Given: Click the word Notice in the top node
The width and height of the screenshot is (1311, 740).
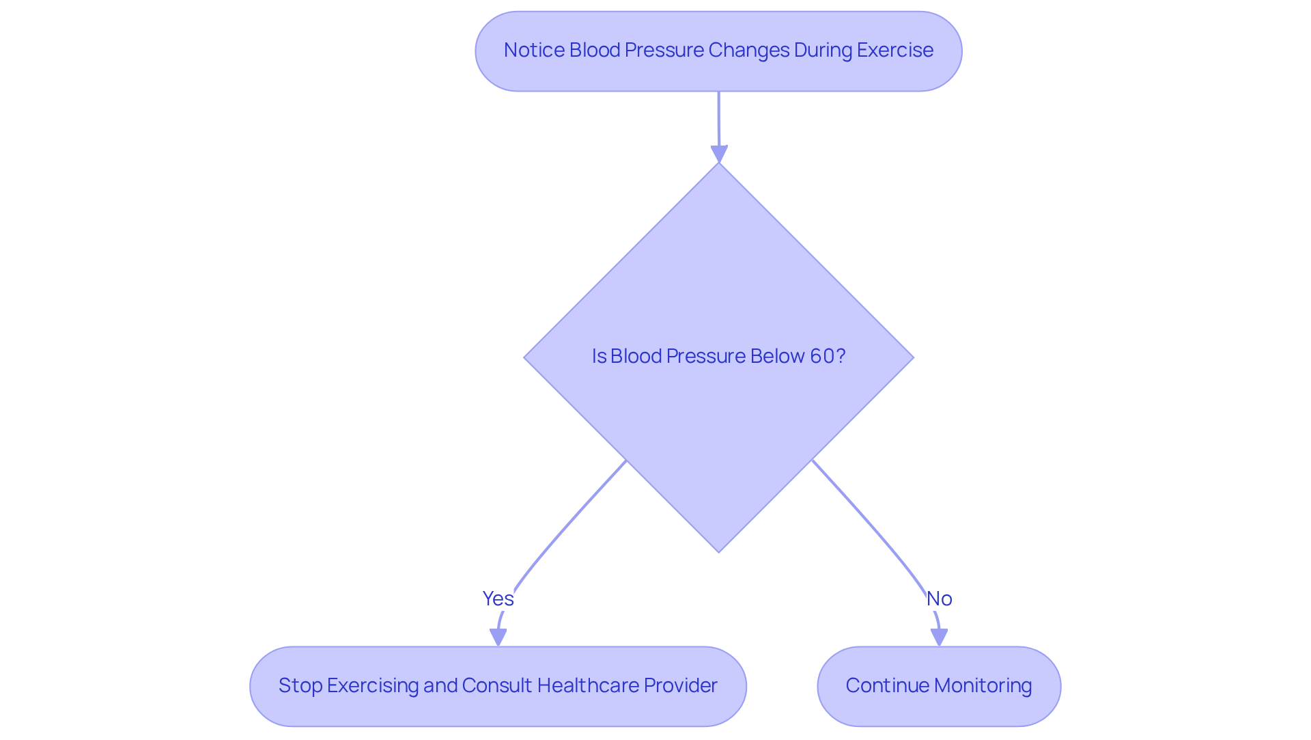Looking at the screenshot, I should [x=533, y=50].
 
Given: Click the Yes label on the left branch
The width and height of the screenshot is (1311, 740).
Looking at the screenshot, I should [x=498, y=599].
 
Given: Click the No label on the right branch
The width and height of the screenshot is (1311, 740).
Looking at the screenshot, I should [x=939, y=599].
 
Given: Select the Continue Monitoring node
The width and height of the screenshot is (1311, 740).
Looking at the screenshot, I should [x=939, y=686].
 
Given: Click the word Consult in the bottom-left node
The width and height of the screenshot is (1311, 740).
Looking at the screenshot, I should [x=496, y=685].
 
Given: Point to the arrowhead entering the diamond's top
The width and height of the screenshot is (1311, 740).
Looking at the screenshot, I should [x=719, y=154].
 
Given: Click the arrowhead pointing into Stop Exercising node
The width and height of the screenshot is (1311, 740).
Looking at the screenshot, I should [x=498, y=637].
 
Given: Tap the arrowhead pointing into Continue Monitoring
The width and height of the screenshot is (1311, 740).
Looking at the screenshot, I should [x=940, y=637].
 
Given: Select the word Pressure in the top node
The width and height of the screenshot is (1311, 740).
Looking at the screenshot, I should [x=664, y=50].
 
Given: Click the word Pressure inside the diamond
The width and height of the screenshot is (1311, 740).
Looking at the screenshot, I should [x=705, y=356].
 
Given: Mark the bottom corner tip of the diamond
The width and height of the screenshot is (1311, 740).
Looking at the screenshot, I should [x=719, y=551].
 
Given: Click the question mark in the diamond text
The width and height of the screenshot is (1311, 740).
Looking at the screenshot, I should [x=841, y=356].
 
